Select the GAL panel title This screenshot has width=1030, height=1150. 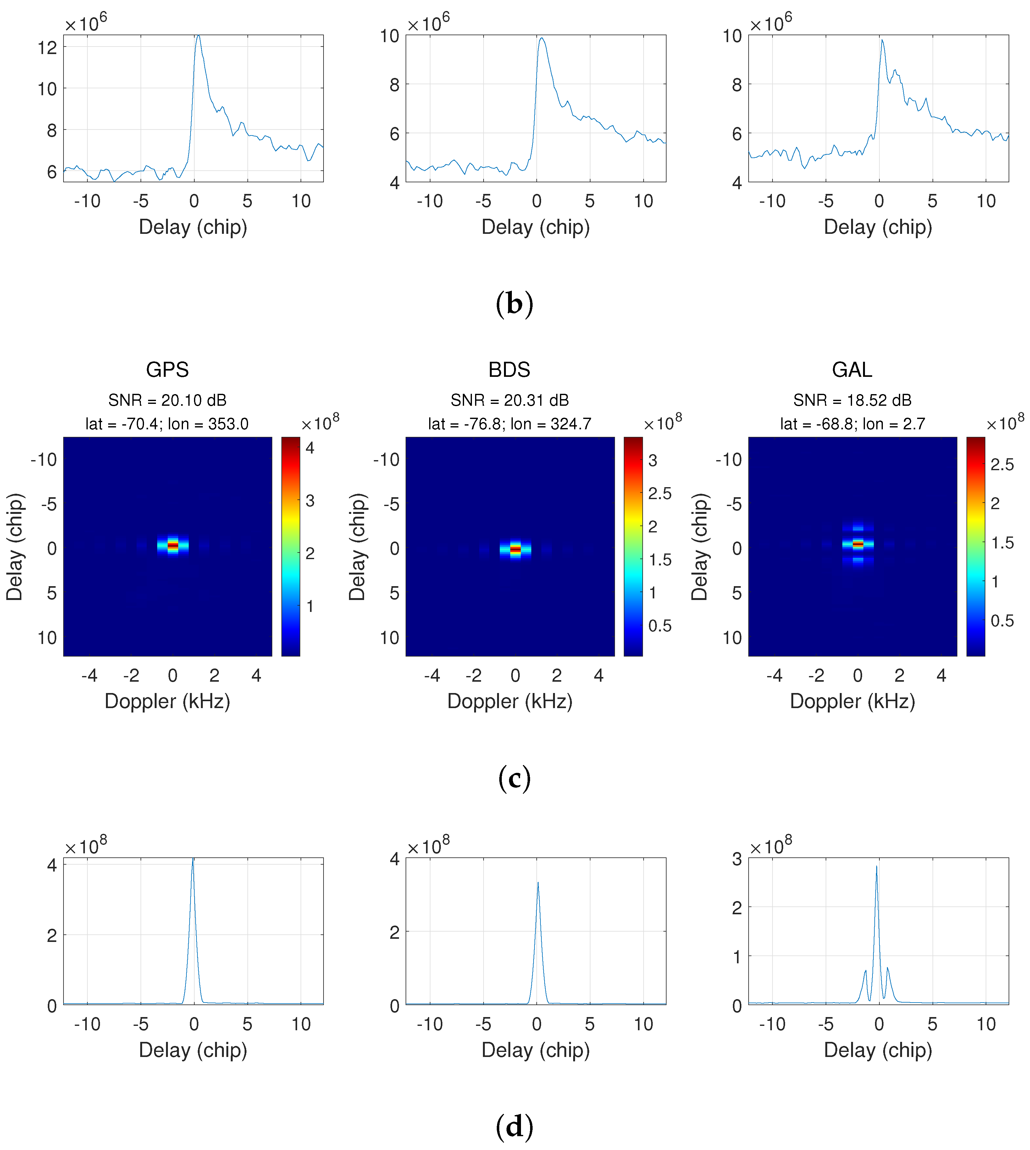pos(852,370)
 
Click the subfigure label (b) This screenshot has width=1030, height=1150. pos(514,304)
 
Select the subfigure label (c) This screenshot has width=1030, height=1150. pos(514,779)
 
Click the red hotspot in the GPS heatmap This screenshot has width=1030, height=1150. pos(173,545)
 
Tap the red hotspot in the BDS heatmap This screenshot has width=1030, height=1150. pos(515,549)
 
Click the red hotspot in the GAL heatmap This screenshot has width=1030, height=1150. pos(858,544)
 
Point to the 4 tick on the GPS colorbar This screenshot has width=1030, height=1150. pos(310,448)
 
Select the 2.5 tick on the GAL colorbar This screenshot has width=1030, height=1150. pos(1002,465)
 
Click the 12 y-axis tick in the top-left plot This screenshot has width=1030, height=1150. pos(47,47)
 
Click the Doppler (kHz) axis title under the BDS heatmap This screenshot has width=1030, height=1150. pos(509,702)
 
